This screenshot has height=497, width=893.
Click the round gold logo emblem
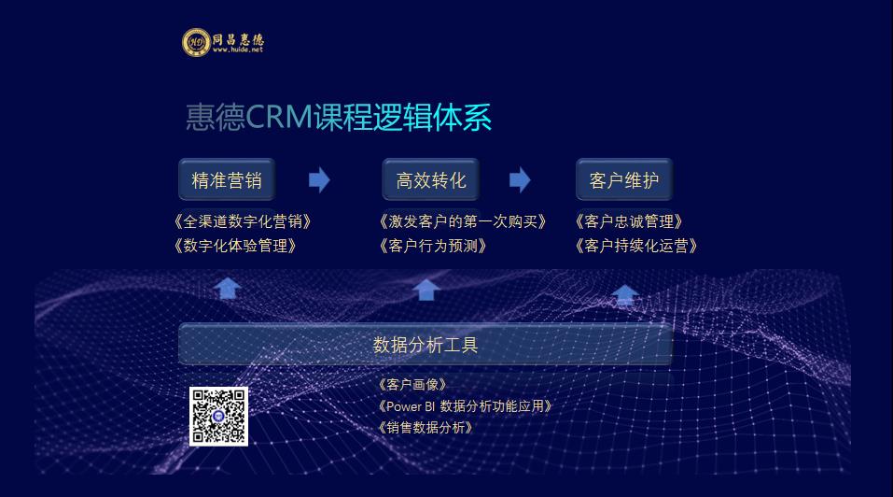(196, 42)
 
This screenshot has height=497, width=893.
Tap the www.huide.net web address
(238, 50)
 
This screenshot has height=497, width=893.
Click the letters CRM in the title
(279, 117)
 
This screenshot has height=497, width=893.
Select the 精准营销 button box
(227, 180)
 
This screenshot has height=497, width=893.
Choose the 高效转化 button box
(430, 180)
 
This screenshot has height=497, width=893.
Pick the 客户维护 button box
(624, 180)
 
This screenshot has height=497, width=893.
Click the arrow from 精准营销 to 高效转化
(319, 180)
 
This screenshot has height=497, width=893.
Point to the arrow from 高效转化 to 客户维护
(520, 180)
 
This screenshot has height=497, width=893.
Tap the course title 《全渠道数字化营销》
(243, 221)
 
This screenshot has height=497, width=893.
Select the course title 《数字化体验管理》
(235, 246)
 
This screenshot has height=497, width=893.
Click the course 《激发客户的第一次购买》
(463, 221)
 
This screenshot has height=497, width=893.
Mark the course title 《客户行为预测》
(433, 246)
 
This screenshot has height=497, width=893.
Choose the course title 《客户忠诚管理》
(629, 221)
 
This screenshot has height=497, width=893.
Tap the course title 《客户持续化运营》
(636, 246)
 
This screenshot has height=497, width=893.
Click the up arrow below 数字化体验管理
(228, 288)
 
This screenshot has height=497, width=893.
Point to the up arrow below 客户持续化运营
(625, 294)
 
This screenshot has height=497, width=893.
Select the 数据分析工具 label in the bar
(426, 345)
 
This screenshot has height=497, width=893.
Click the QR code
(218, 417)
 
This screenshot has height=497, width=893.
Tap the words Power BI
(411, 406)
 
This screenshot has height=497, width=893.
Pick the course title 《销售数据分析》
(426, 428)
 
